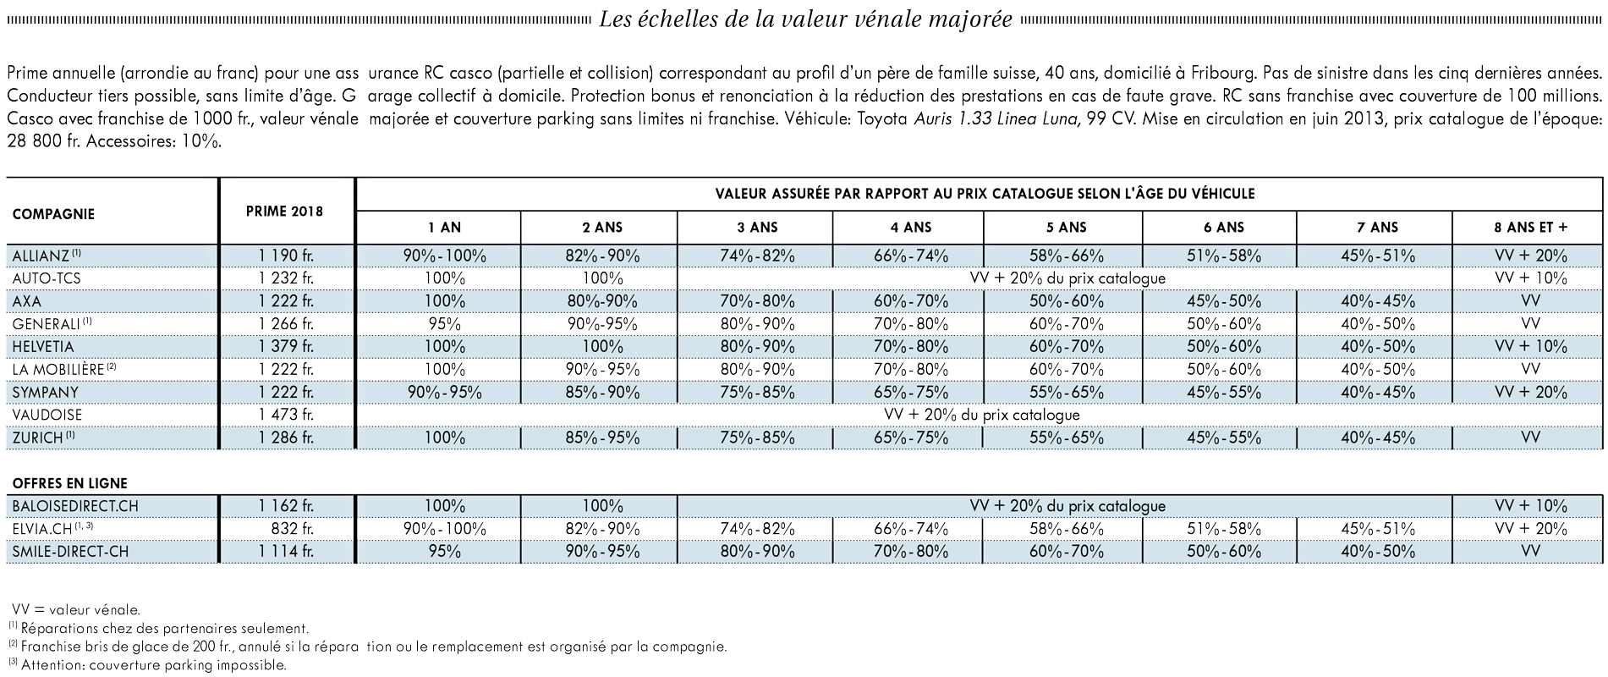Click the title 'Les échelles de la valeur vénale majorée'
tap(805, 19)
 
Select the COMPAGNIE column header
tap(53, 214)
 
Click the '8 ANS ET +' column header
tap(1530, 228)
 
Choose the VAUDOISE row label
tap(47, 416)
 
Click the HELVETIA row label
tap(43, 347)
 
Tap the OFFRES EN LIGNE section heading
tap(70, 484)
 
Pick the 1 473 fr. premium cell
tap(286, 416)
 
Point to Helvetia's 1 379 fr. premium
tap(286, 347)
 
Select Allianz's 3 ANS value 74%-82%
tap(755, 256)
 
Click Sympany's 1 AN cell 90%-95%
tap(445, 393)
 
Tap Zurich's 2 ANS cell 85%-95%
tap(602, 438)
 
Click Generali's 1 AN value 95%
tap(445, 324)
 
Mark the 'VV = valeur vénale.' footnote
tap(77, 609)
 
